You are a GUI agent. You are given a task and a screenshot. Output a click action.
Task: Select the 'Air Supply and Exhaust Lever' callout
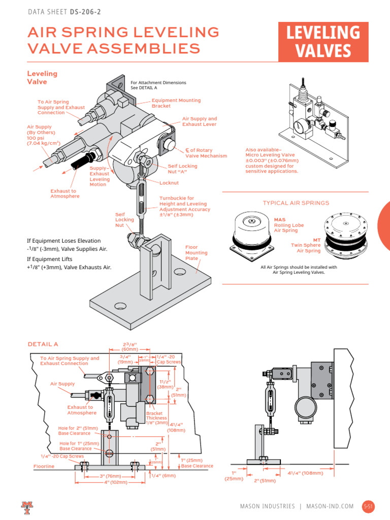(199, 121)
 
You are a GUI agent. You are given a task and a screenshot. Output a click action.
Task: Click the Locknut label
(169, 182)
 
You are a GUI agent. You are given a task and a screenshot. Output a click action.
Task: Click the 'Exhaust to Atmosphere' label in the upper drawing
(64, 193)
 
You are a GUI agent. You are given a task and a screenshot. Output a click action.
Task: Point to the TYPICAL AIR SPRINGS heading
(296, 203)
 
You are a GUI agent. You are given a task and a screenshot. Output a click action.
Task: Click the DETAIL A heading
(43, 344)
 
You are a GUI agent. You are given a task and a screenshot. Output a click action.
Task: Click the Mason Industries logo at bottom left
(26, 506)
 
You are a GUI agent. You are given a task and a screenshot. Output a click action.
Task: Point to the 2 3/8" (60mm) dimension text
(128, 346)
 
